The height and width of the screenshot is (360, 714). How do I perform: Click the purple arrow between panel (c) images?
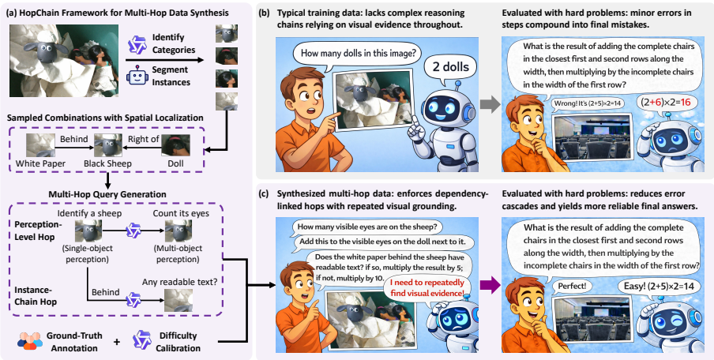tap(490, 284)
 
